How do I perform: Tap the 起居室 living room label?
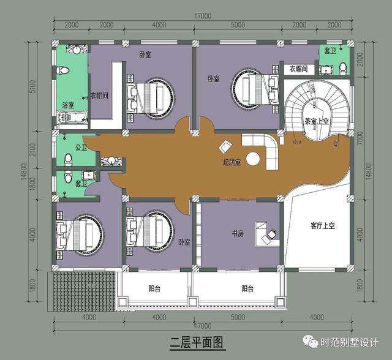232,163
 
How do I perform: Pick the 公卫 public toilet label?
80,148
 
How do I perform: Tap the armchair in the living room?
225,147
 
